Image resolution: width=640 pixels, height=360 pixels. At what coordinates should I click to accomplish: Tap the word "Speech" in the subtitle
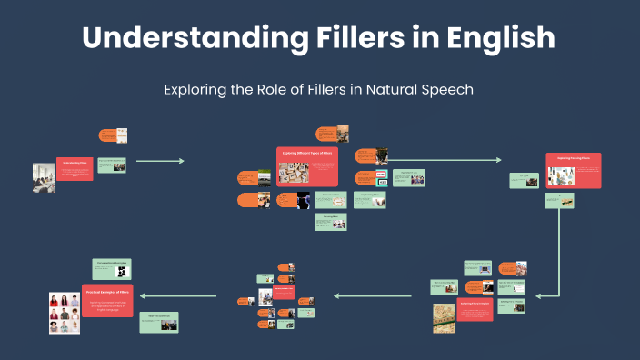coord(445,90)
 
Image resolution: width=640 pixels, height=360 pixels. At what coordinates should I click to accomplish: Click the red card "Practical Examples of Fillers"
coord(107,301)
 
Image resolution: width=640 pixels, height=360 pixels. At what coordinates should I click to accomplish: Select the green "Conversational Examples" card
coord(112,268)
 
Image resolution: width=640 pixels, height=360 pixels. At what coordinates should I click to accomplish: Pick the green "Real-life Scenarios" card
coord(159,321)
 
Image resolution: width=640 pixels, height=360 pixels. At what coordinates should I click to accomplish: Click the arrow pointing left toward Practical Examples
coord(178,295)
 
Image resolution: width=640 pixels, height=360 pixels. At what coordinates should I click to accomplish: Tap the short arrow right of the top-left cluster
coord(160,161)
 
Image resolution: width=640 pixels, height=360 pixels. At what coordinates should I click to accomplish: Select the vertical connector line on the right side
coord(558,255)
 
